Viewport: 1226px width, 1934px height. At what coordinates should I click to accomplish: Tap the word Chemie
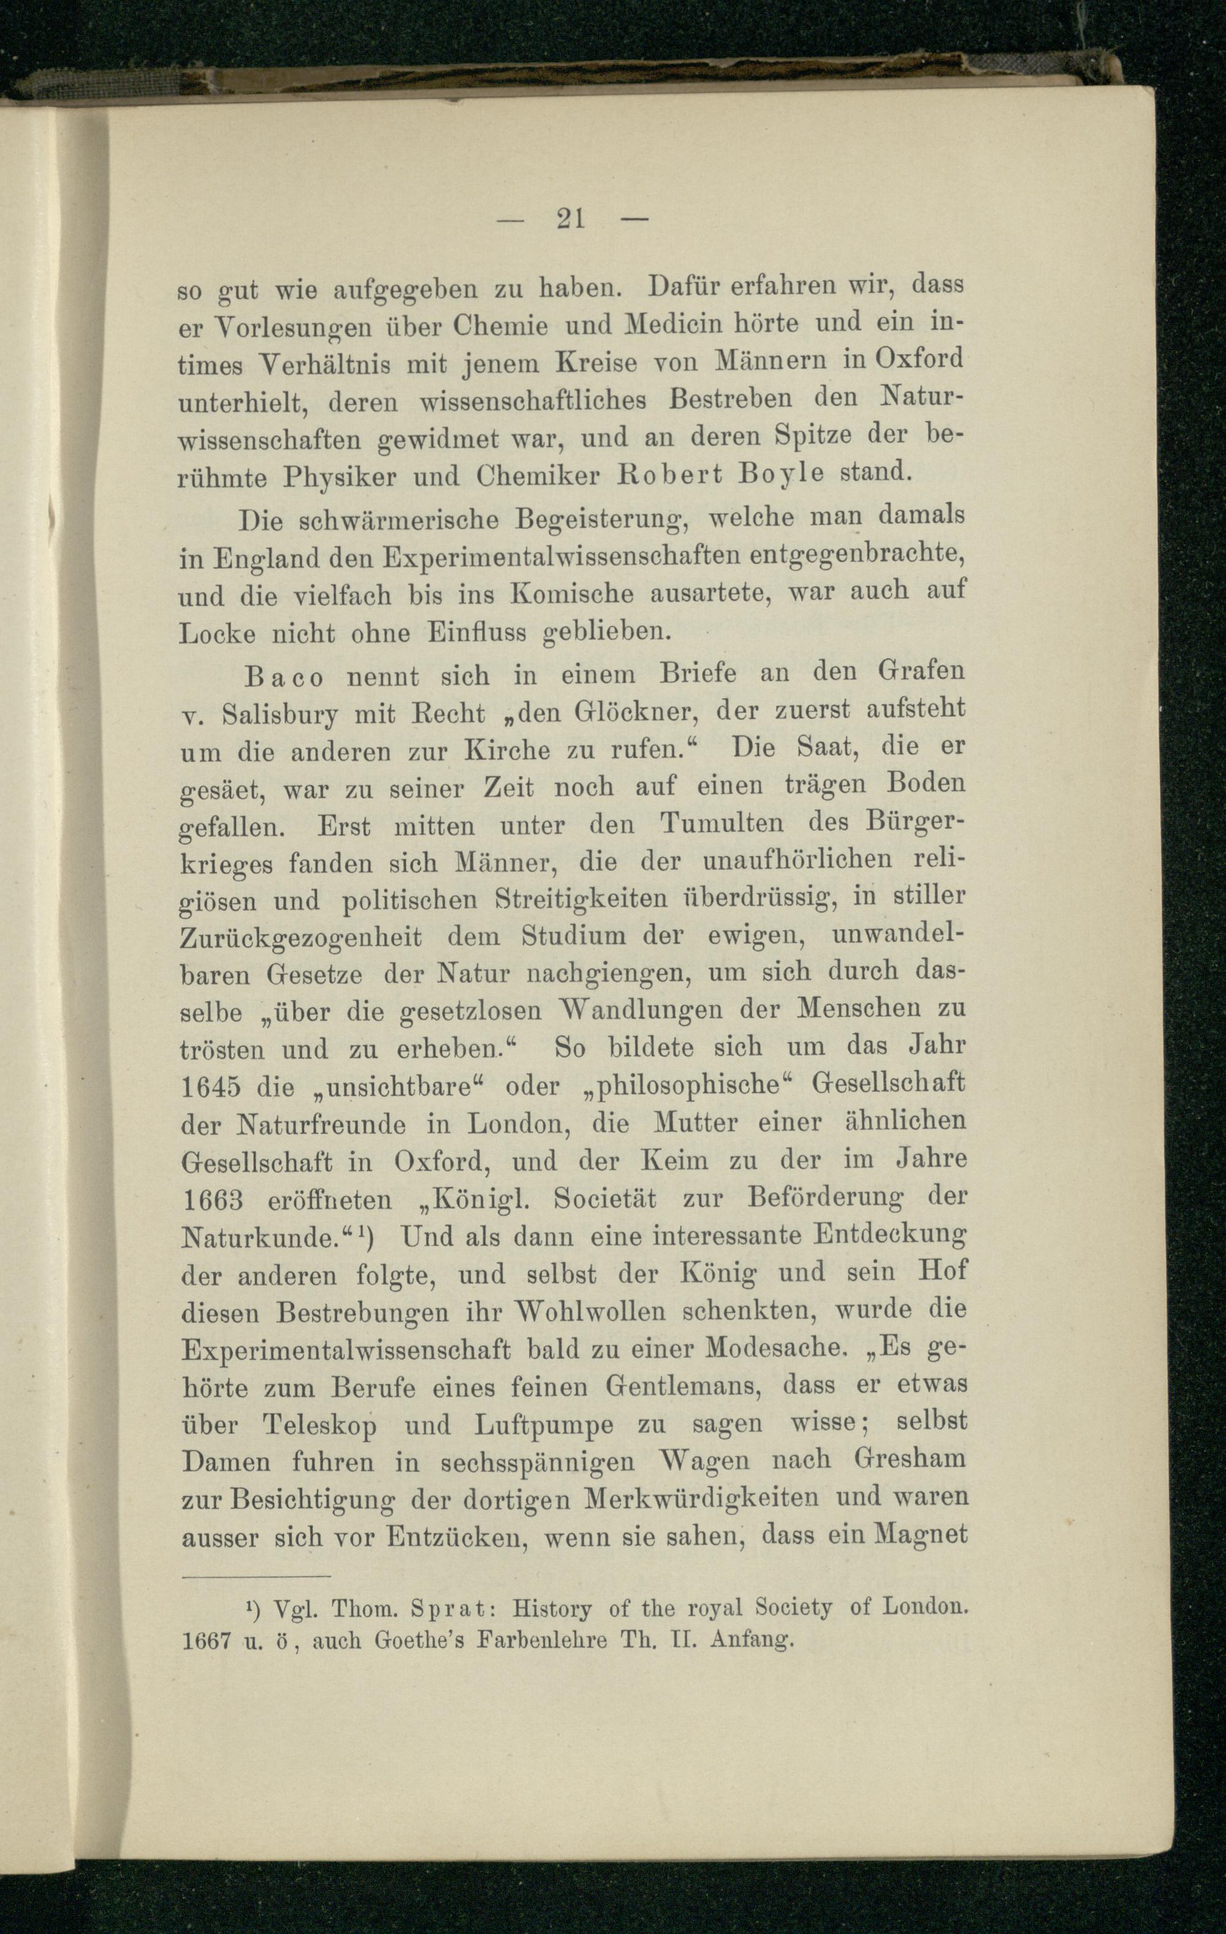pyautogui.click(x=501, y=326)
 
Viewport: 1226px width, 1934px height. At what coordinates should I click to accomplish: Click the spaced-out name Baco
pyautogui.click(x=284, y=677)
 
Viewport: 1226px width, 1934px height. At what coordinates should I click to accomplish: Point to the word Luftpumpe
pyautogui.click(x=544, y=1425)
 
